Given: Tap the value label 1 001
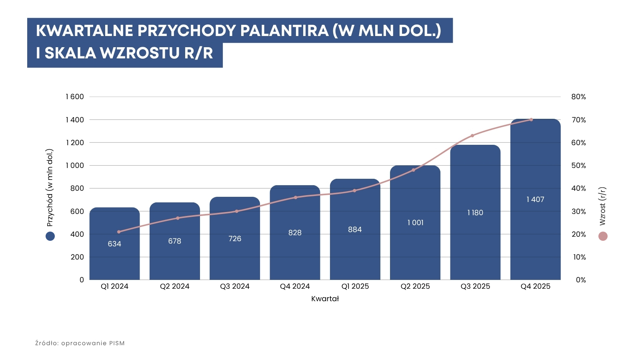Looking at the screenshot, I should (x=415, y=223).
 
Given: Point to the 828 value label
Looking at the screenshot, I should (x=295, y=233).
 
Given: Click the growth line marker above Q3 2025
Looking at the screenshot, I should (x=472, y=136).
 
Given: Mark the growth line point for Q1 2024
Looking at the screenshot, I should (x=119, y=232).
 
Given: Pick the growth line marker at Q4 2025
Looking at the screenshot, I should (x=531, y=120).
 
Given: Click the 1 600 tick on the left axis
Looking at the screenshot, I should (x=75, y=97).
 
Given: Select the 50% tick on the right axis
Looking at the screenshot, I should (x=578, y=166).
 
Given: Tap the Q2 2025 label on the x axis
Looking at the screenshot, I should (x=415, y=286).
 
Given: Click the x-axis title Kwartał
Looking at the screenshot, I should (x=325, y=299).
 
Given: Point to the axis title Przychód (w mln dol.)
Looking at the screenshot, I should (x=50, y=188).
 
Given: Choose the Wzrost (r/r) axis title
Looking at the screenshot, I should (x=603, y=206).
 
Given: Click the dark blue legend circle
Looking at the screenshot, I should (x=50, y=236).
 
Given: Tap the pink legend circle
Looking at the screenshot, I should (x=603, y=236).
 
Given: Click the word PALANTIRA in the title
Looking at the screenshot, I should (x=284, y=31).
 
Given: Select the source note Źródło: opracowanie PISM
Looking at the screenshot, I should (x=80, y=343).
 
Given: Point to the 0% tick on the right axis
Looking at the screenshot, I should (x=581, y=280).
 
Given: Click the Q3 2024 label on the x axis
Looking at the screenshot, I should (x=235, y=286).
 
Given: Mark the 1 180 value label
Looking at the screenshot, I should (x=475, y=213).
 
